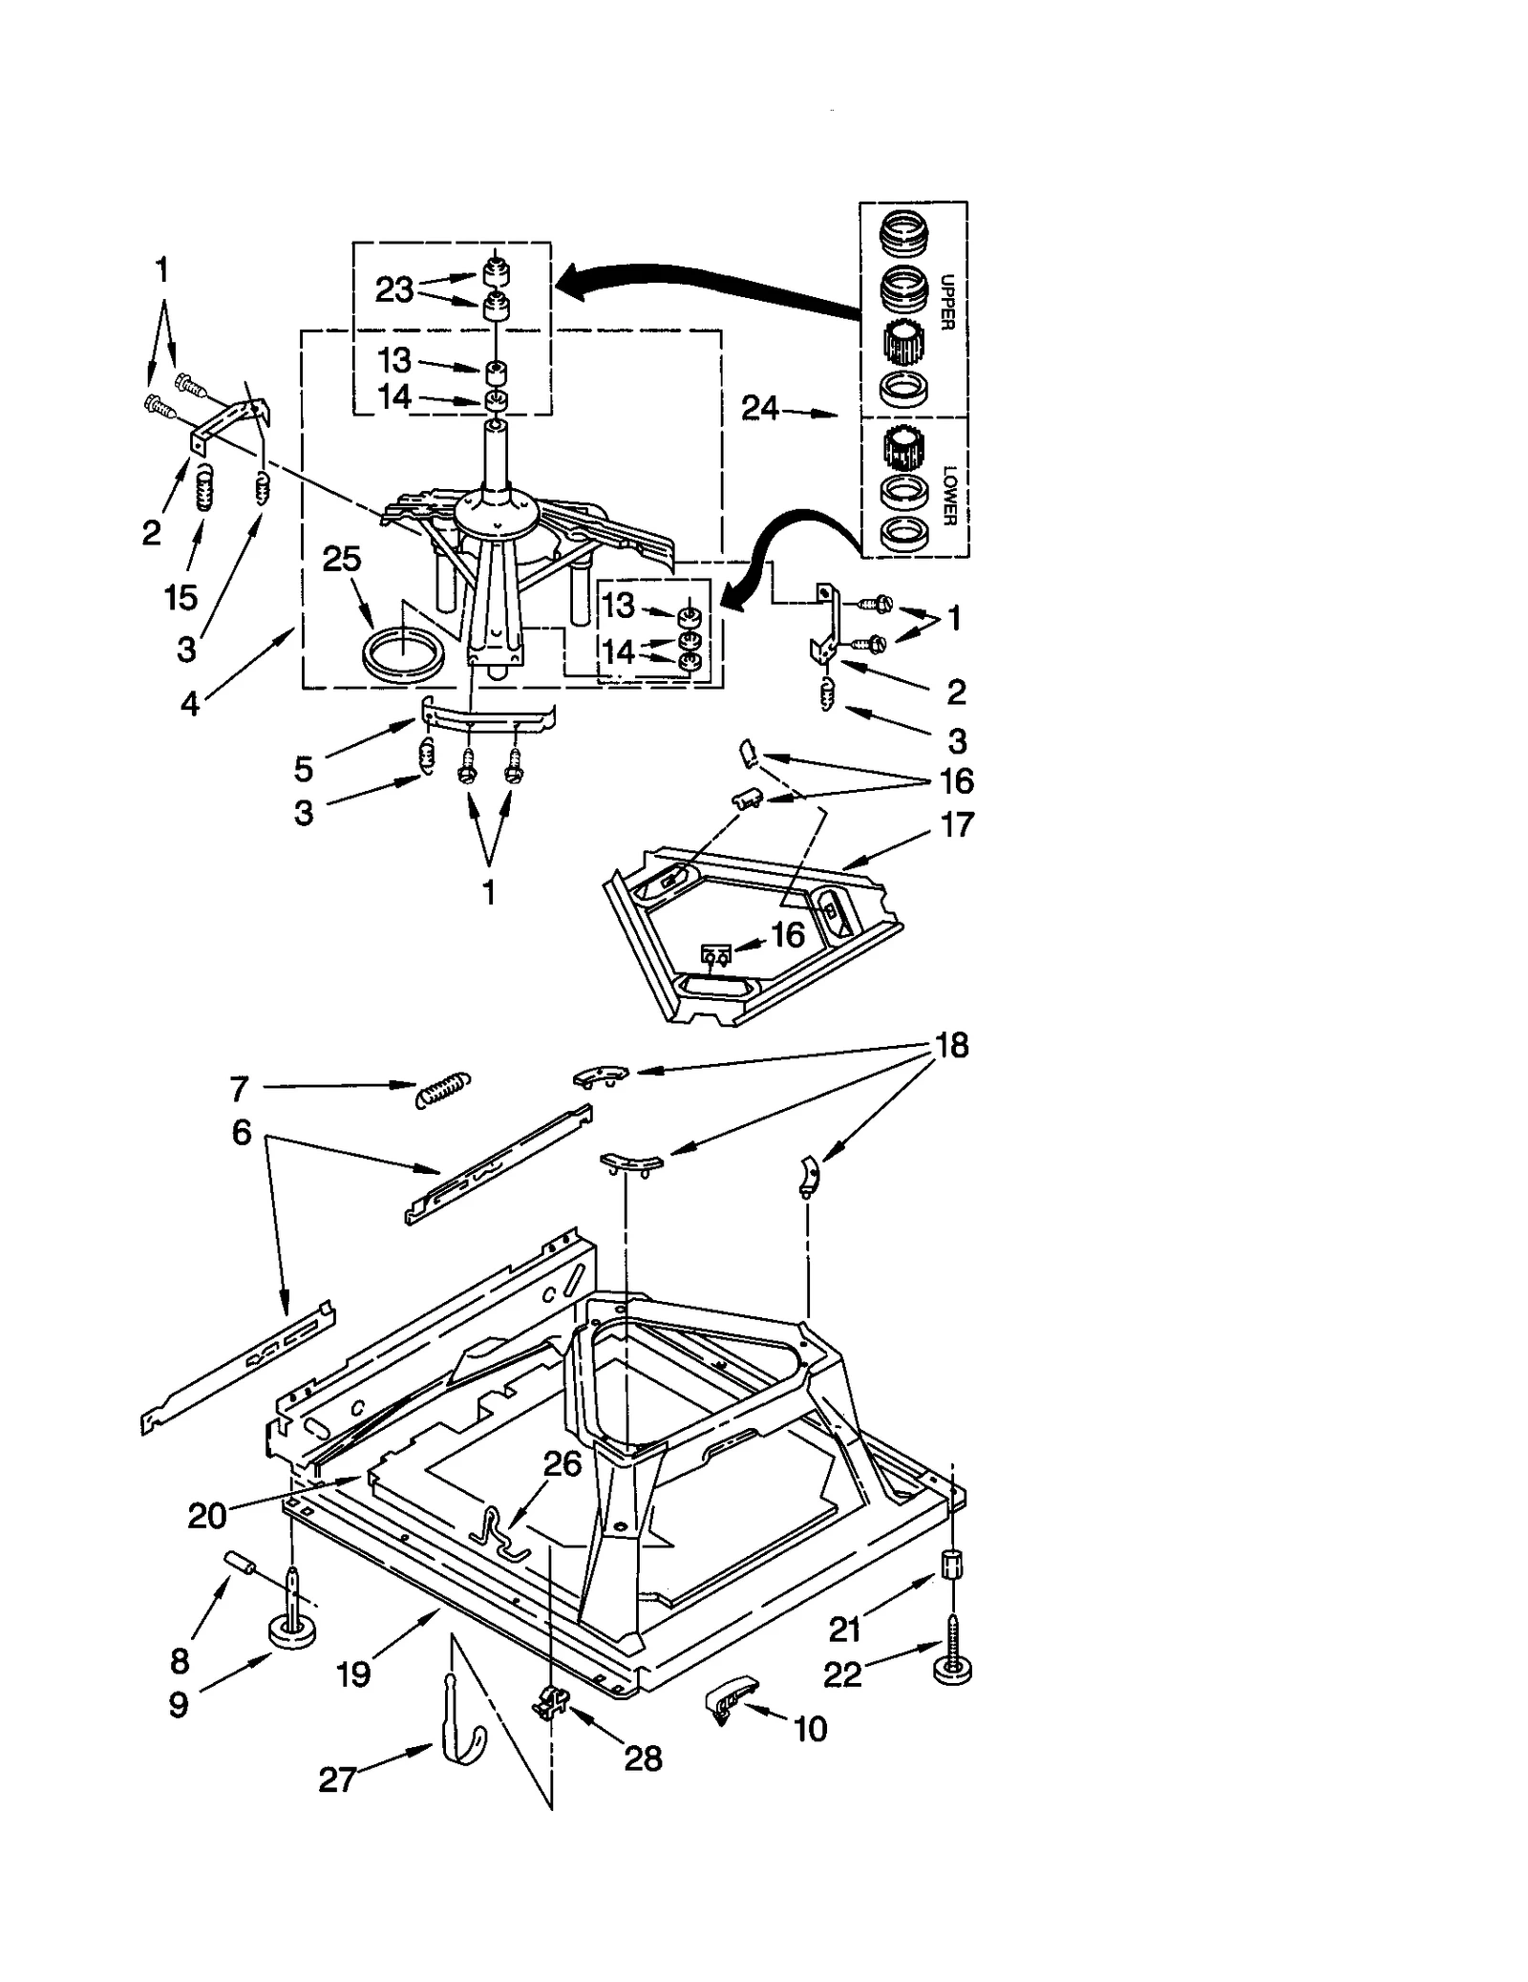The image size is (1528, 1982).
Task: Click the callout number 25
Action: coord(342,559)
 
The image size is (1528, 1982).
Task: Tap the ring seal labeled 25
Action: coord(404,656)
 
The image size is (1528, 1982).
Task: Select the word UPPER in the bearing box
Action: coord(946,302)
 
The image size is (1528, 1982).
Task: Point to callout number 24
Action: coord(761,409)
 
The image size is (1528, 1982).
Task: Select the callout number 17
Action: coord(957,824)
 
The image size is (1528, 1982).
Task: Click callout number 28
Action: coord(643,1758)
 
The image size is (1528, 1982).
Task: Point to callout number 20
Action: coord(206,1516)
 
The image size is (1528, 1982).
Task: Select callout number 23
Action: coord(393,288)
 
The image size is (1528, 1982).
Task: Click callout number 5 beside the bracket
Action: coord(304,768)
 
